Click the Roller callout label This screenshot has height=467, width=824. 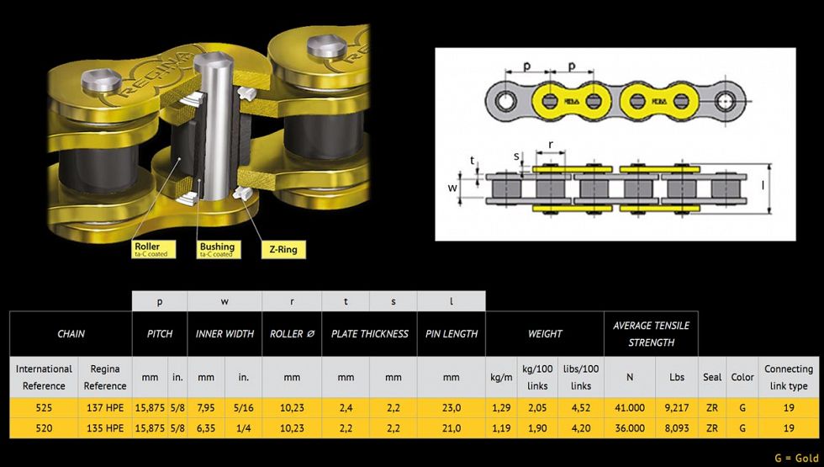coord(154,249)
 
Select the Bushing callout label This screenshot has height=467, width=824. coord(219,249)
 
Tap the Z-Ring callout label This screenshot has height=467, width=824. coord(283,249)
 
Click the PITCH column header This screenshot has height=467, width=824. coord(160,334)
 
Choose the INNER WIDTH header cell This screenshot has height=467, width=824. coord(224,334)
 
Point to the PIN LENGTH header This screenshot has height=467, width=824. coord(452,334)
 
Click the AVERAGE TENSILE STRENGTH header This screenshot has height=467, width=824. coord(651,334)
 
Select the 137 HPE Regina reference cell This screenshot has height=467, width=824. coord(105,407)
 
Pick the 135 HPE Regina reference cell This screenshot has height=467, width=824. coord(105,428)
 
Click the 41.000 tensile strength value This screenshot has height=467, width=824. coord(630,407)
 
